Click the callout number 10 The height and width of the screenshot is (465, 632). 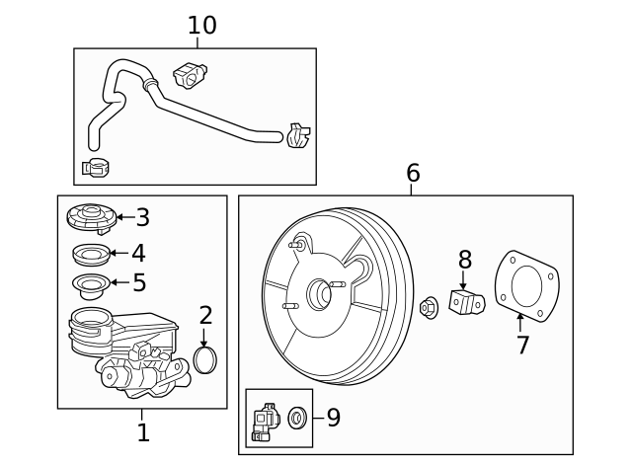(201, 26)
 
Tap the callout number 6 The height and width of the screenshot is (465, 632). (413, 174)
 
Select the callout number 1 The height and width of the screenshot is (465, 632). (143, 432)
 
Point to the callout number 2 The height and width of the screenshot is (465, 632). (205, 316)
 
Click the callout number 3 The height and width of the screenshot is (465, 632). (143, 217)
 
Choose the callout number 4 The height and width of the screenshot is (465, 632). (139, 254)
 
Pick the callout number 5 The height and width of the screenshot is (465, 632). (139, 283)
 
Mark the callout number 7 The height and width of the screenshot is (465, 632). (522, 346)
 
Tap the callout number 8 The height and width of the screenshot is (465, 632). (464, 261)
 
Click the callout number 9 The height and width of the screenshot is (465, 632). (334, 418)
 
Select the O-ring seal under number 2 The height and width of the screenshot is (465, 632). (205, 360)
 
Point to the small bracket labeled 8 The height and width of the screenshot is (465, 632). (465, 301)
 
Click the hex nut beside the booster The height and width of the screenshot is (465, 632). (429, 307)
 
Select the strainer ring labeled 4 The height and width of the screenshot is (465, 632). (91, 255)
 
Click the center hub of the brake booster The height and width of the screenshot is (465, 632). (320, 293)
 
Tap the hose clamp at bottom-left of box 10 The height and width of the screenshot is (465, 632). (97, 168)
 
